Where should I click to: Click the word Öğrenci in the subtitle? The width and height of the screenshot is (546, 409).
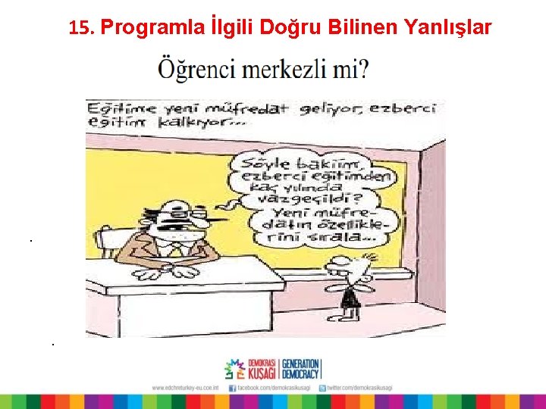point(196,71)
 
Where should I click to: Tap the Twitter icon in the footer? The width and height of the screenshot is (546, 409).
point(322,387)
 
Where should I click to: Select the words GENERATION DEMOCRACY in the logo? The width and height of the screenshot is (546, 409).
point(300,369)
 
